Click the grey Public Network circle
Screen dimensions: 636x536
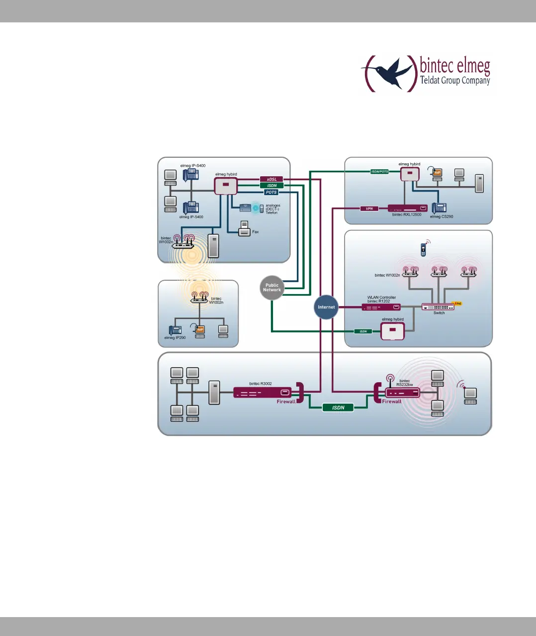pos(272,288)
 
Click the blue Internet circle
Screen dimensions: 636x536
pos(326,307)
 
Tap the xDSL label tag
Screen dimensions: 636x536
pos(271,179)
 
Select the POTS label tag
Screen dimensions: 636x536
pos(271,192)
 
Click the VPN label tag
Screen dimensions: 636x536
pos(369,209)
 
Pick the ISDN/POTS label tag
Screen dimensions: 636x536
pos(379,172)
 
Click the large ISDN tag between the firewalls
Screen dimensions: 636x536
pos(338,408)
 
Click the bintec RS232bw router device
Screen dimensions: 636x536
pos(402,393)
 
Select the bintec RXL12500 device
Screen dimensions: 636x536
pos(407,208)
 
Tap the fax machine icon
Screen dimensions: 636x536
pos(244,229)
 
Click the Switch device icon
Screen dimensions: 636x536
pos(438,307)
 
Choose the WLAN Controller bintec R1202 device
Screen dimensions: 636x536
pos(381,307)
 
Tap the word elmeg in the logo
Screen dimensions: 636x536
pos(473,66)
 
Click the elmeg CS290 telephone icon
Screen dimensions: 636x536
pos(439,208)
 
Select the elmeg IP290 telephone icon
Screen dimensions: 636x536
pos(175,330)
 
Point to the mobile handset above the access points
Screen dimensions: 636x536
pos(423,249)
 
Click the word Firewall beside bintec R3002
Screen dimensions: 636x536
pos(286,402)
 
